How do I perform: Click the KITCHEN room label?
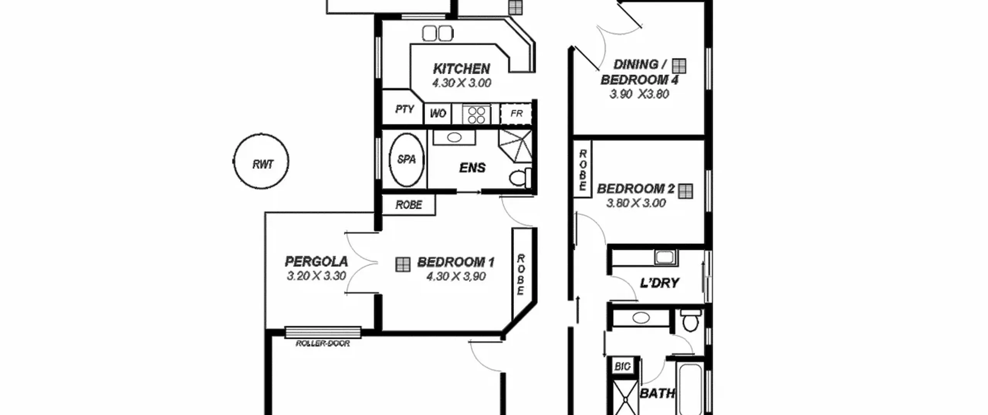click(x=461, y=69)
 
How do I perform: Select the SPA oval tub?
click(x=406, y=160)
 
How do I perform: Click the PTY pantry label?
click(x=404, y=109)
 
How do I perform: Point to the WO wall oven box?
click(x=438, y=113)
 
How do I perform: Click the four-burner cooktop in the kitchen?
click(x=476, y=115)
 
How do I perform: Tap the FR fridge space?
click(x=516, y=113)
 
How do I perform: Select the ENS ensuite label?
click(x=472, y=168)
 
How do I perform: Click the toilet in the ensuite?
click(x=520, y=178)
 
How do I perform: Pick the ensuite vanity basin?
click(x=454, y=137)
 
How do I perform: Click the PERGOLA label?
click(x=316, y=261)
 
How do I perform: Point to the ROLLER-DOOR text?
click(x=323, y=343)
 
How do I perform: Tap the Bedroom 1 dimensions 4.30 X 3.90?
click(x=456, y=276)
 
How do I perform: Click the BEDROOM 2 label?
click(x=636, y=189)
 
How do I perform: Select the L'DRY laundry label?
click(x=659, y=283)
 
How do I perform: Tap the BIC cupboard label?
click(x=622, y=366)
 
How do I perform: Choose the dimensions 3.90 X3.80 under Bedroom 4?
click(x=639, y=94)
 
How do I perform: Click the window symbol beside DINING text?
click(x=679, y=66)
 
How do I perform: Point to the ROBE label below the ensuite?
click(x=409, y=205)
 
